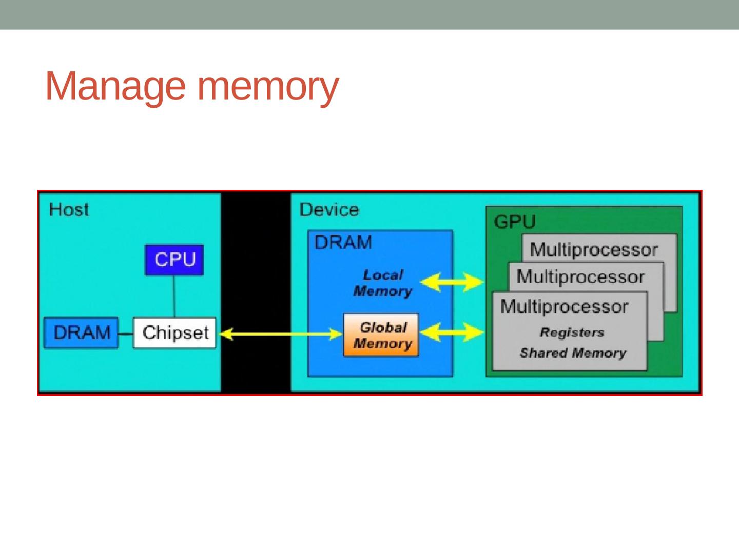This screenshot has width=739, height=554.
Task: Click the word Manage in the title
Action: click(x=115, y=87)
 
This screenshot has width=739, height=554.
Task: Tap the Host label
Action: click(x=69, y=210)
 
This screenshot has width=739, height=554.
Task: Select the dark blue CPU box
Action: click(x=174, y=260)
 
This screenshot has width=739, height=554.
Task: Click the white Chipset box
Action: click(x=174, y=333)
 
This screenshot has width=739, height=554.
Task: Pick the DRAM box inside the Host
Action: click(x=82, y=333)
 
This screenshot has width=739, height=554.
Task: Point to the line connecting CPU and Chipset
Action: click(x=174, y=296)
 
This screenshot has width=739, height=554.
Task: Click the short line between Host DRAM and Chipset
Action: click(x=126, y=333)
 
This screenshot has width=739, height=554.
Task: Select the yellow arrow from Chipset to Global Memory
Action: click(x=280, y=334)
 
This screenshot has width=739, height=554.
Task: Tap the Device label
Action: click(x=329, y=210)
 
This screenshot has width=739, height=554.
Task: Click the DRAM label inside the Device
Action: click(x=343, y=242)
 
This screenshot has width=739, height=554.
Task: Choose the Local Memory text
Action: click(x=383, y=283)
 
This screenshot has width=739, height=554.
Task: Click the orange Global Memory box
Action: click(x=381, y=335)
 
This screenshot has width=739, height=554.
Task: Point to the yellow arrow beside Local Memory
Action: click(x=452, y=282)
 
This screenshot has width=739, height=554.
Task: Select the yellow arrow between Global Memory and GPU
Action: click(x=452, y=332)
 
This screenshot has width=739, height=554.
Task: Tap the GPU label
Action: click(x=514, y=222)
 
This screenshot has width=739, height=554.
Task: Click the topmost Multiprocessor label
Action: click(x=594, y=250)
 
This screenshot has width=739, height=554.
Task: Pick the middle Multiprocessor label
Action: click(x=580, y=277)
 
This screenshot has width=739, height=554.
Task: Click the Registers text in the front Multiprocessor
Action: click(x=572, y=332)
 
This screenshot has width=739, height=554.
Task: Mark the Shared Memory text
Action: click(x=573, y=353)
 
